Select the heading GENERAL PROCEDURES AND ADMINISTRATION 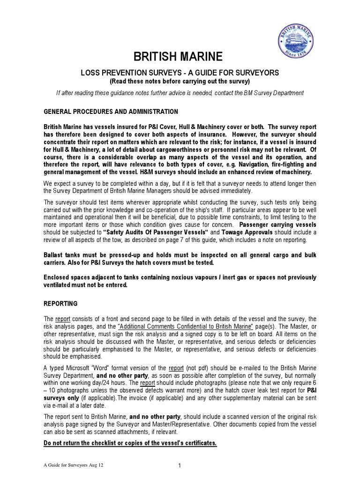(111, 112)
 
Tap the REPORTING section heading (60, 304)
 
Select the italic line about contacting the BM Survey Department (180, 93)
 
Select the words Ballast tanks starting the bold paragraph (61, 254)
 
